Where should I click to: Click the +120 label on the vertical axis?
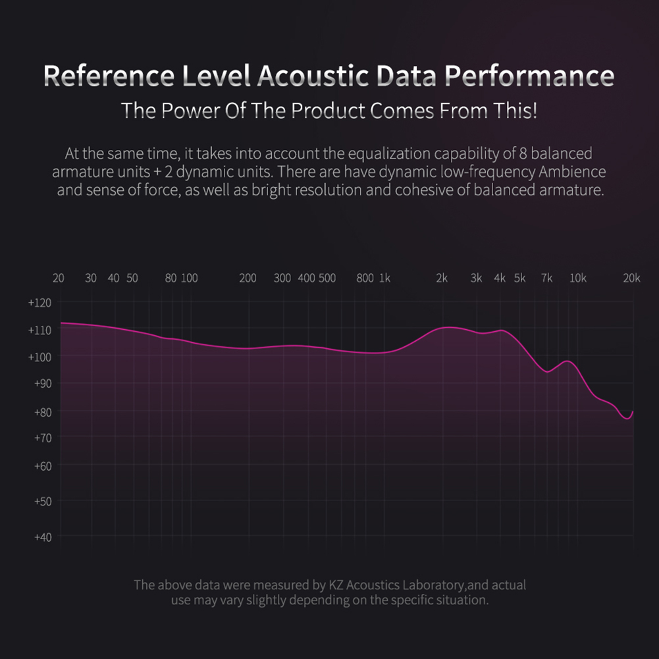[40, 303]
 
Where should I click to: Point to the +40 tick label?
[43, 537]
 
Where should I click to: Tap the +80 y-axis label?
[43, 412]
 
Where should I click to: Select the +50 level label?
[43, 502]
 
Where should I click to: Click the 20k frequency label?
[632, 278]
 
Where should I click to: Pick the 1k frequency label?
[385, 278]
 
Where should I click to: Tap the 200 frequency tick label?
[248, 278]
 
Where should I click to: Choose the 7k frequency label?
[547, 278]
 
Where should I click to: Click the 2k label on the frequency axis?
[442, 278]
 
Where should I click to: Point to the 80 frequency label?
[171, 278]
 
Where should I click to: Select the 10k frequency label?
[578, 278]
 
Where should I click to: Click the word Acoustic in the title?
[313, 76]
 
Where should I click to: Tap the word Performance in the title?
[529, 76]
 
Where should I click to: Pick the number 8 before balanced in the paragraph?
[523, 153]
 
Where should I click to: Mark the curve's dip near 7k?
[547, 371]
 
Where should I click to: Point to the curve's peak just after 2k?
[449, 327]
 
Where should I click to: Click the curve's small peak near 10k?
[567, 361]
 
